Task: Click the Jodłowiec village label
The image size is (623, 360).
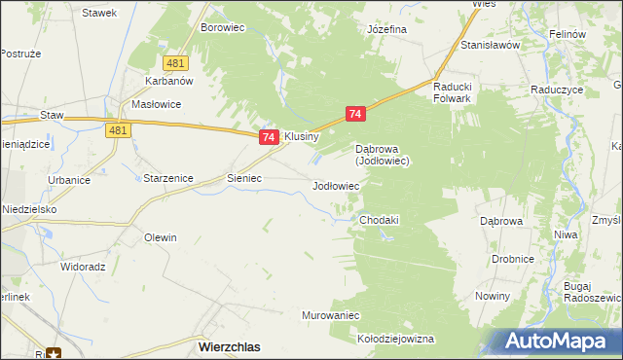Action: click(x=336, y=185)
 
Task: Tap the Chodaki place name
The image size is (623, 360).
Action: click(x=380, y=220)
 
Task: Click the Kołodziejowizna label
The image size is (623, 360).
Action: click(x=395, y=339)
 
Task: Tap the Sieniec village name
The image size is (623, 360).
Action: click(x=244, y=179)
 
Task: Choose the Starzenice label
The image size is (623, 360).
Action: click(x=168, y=179)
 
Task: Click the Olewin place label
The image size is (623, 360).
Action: click(x=161, y=237)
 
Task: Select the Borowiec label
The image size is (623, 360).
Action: click(x=222, y=28)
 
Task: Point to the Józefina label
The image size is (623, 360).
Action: click(x=386, y=29)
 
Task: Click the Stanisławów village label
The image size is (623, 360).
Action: click(x=493, y=45)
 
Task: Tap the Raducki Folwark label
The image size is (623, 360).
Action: click(x=453, y=90)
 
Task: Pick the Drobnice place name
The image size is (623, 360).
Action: click(x=512, y=259)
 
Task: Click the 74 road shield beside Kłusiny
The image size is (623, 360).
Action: click(x=270, y=138)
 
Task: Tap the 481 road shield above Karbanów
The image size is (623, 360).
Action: click(x=175, y=63)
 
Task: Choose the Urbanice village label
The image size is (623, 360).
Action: click(x=69, y=180)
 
